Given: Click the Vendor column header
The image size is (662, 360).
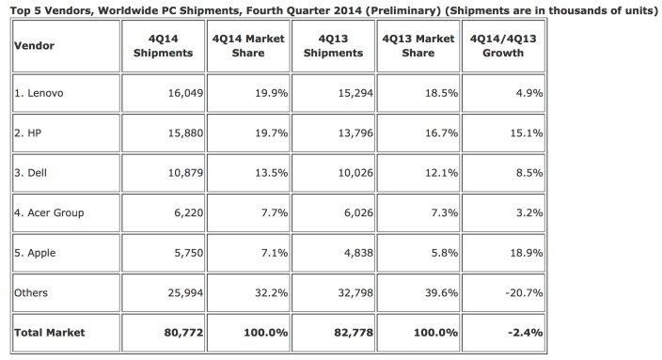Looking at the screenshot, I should click(x=34, y=46).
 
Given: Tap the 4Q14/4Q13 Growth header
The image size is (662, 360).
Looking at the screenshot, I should click(x=503, y=46).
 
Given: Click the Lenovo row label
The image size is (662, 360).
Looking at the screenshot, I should click(x=39, y=94).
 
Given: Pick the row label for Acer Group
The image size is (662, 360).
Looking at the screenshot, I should click(x=51, y=212).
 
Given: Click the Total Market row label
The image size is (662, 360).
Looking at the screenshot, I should click(x=50, y=332).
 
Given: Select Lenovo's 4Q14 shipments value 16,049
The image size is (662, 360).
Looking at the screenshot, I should click(x=178, y=94).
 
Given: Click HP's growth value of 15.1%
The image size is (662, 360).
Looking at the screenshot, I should click(x=526, y=133).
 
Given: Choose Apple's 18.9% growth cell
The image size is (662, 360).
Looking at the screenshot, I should click(x=526, y=252).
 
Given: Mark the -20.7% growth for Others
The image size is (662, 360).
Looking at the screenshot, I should click(x=523, y=292).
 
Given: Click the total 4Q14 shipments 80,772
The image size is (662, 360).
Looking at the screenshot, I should click(x=176, y=332).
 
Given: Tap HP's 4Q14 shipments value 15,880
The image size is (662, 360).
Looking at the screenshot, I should click(x=178, y=133).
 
